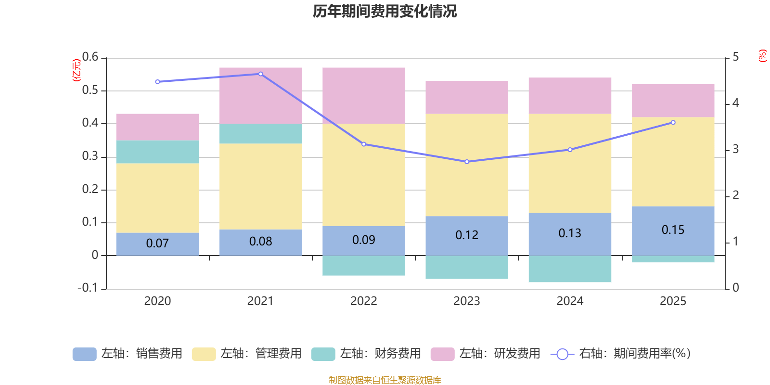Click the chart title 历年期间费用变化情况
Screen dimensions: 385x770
[x=385, y=11]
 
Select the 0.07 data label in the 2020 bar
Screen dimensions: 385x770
[x=157, y=244]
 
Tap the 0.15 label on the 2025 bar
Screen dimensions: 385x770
[x=673, y=230]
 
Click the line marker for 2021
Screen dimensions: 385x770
[x=261, y=74]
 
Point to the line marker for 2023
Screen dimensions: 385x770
[x=467, y=162]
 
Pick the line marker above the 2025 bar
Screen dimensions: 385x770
[x=673, y=123]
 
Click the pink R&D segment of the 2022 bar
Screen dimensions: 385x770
[x=364, y=95]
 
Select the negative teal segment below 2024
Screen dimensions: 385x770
[x=570, y=269]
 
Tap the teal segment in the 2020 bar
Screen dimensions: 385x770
[x=157, y=152]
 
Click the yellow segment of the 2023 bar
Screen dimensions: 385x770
[x=467, y=165]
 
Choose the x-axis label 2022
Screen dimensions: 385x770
[x=364, y=301]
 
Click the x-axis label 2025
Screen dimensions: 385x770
[x=673, y=301]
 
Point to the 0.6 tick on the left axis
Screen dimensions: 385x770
[x=90, y=57]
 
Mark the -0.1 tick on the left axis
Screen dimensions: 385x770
[x=88, y=288]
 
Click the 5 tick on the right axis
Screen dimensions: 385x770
[x=735, y=57]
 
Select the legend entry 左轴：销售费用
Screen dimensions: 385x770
[x=128, y=354]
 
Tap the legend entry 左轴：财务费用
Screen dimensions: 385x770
[x=367, y=354]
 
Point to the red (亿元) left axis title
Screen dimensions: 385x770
[x=77, y=70]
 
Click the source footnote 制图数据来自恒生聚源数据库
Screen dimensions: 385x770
[x=385, y=380]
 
